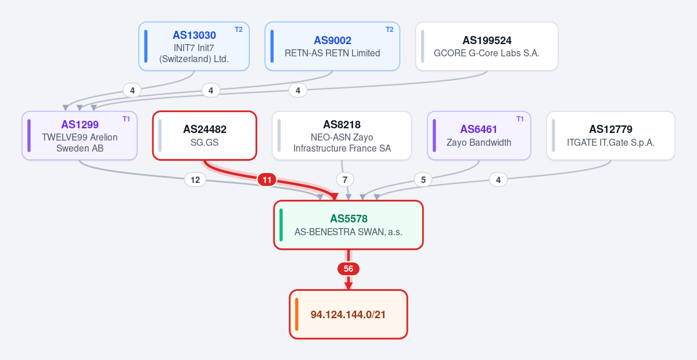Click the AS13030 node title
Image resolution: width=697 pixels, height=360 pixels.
[194, 35]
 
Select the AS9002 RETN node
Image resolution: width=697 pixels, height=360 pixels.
[332, 46]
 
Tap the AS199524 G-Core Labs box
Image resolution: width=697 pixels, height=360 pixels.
[487, 46]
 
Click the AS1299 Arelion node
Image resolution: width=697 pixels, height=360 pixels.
[80, 136]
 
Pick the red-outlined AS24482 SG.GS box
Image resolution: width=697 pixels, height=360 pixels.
[204, 136]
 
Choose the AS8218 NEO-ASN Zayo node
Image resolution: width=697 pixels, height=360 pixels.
[342, 136]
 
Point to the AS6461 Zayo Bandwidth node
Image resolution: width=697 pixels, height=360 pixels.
[479, 136]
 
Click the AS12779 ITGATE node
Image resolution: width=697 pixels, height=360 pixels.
[610, 136]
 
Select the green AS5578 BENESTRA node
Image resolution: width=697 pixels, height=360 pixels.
[348, 225]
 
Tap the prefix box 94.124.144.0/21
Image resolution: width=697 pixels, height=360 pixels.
[348, 314]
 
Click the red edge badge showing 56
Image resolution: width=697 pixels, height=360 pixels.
[348, 269]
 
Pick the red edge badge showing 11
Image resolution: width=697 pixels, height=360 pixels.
[267, 180]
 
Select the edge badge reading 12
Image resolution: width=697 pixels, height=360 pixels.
[195, 180]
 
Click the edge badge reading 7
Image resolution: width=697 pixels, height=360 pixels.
[345, 180]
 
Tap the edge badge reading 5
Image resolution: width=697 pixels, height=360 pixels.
[423, 180]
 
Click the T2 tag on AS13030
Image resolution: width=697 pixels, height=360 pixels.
[238, 30]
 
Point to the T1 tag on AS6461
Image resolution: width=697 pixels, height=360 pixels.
[520, 119]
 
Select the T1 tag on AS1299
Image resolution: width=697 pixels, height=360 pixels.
[126, 119]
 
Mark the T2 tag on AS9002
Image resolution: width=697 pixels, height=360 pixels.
[389, 30]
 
